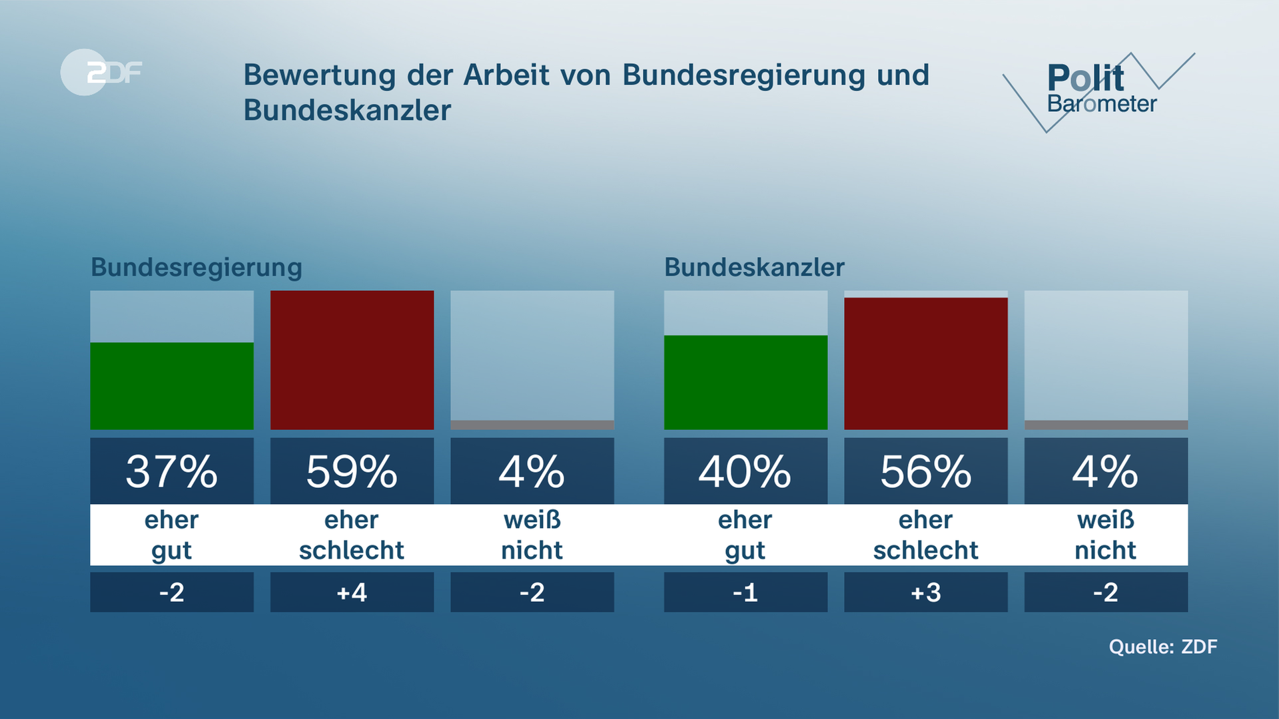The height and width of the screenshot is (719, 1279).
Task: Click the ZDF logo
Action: (x=101, y=72)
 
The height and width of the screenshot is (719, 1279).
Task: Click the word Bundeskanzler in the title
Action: (x=347, y=111)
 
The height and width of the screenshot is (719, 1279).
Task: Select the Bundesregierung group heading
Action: (x=197, y=268)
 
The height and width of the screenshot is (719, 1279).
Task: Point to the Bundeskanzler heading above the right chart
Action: (x=754, y=268)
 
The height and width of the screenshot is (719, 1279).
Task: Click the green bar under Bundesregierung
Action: (x=172, y=386)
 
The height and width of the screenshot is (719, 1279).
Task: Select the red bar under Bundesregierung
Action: (x=352, y=360)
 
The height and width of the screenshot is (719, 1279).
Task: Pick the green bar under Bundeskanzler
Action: (x=745, y=382)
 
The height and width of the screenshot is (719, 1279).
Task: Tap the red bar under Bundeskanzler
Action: (x=925, y=363)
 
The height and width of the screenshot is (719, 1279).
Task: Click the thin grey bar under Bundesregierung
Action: (x=532, y=425)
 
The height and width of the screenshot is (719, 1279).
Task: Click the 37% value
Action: (x=172, y=471)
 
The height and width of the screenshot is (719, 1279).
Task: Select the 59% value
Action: (x=352, y=471)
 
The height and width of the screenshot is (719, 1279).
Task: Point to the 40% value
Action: (x=745, y=471)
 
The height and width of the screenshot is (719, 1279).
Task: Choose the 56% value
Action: (x=925, y=471)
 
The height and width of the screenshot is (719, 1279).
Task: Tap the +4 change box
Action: (x=352, y=592)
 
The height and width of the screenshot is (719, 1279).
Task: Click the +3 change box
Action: (x=925, y=592)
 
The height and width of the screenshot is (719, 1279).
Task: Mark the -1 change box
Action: (x=745, y=592)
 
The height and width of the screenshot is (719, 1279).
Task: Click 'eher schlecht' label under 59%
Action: (x=352, y=535)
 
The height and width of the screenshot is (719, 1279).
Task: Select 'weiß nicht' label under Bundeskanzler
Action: (x=1106, y=535)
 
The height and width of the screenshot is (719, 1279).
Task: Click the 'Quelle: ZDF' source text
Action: (x=1162, y=646)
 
